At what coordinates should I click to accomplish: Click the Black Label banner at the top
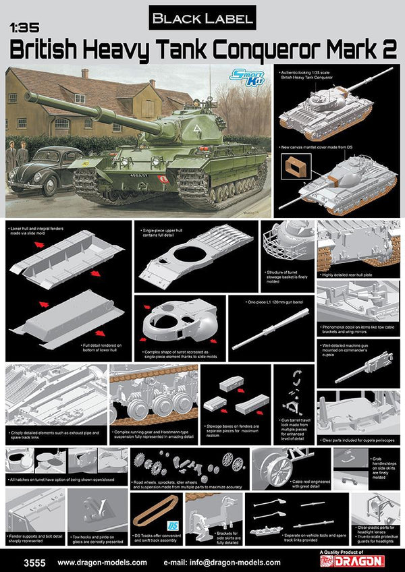coord(202,18)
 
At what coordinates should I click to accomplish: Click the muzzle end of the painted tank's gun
coord(28,96)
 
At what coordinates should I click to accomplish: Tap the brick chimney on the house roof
coord(84,73)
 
